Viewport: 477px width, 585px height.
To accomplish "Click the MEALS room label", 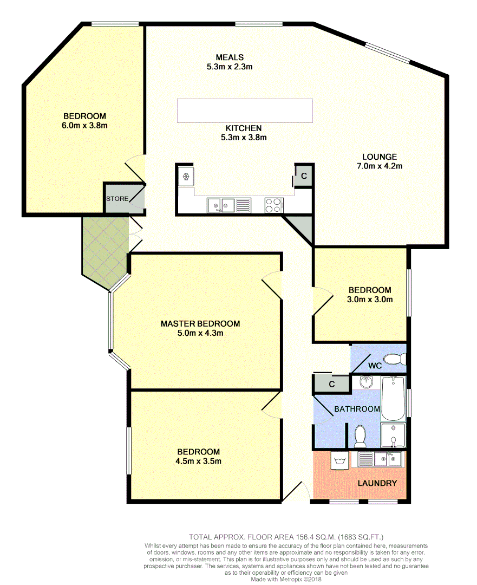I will point(230,57).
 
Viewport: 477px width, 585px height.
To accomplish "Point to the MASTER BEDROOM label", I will point(200,323).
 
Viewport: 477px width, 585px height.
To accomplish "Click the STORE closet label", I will point(117,199).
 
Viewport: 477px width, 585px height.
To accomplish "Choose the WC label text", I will point(375,366).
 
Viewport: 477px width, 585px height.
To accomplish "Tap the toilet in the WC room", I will point(394,359).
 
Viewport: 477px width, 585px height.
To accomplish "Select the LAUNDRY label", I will point(377,483).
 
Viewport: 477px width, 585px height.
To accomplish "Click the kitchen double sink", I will point(220,205).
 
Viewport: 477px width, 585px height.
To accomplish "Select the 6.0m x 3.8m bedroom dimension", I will point(84,126).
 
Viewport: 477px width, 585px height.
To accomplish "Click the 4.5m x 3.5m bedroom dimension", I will point(198,461).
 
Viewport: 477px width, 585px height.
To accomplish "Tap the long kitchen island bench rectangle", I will point(245,110).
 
